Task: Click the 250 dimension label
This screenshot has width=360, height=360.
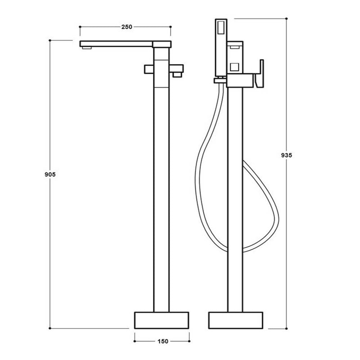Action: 126,27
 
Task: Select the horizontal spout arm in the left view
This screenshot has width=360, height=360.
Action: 117,44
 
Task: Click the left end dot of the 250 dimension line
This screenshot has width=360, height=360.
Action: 80,27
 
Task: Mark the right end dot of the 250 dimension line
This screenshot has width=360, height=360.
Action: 171,27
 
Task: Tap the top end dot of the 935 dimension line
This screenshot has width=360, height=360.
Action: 286,18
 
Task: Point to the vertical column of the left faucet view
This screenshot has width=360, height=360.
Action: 162,180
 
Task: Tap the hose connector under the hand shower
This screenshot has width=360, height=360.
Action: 220,81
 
